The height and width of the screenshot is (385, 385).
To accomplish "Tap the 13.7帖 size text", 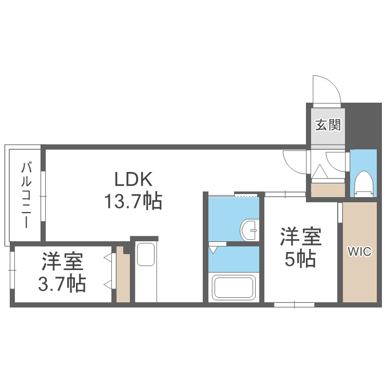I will [133, 201].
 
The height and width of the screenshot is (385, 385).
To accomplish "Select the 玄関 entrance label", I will [327, 124].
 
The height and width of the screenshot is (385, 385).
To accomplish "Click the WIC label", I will [361, 252].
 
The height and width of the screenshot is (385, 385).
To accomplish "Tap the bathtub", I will [234, 287].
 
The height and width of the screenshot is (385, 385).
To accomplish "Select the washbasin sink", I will [250, 230].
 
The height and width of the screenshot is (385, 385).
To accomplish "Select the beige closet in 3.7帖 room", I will [123, 275].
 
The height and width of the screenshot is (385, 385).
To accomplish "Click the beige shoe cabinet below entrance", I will [328, 189].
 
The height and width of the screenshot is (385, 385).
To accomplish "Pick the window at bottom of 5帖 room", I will [294, 304].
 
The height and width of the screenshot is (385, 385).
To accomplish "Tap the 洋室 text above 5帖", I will [300, 237].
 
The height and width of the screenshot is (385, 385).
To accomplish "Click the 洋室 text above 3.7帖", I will [62, 262].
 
